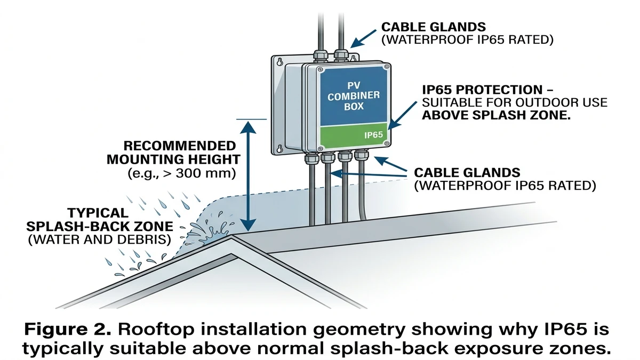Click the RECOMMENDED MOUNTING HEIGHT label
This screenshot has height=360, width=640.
[172, 153]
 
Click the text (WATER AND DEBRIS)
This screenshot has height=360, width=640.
[99, 239]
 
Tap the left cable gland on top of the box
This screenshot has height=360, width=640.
[320, 54]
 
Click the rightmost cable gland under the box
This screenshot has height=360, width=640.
[362, 156]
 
